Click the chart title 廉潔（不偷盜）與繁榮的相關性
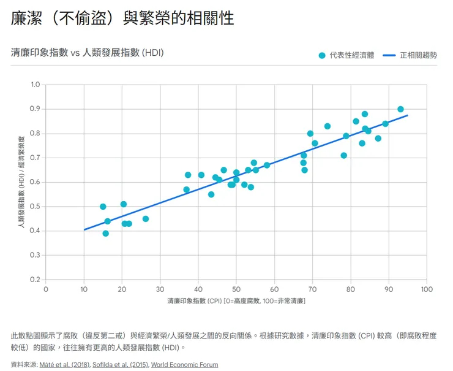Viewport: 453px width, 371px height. (122, 18)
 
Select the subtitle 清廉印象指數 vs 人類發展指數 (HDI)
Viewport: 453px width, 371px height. (88, 53)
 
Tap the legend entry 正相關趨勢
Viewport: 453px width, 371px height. (418, 55)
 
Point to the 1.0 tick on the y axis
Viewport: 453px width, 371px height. (35, 85)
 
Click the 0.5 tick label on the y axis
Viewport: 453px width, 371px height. (35, 207)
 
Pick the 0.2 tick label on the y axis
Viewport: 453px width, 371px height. (35, 280)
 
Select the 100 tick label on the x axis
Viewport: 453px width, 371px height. (427, 289)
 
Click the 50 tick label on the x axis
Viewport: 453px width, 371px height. (236, 289)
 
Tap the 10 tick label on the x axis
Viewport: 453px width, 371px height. (84, 289)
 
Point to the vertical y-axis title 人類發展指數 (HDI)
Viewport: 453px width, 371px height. (21, 183)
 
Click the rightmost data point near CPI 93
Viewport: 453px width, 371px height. (400, 109)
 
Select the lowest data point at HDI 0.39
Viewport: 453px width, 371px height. (106, 234)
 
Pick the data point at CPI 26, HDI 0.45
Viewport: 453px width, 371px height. (146, 219)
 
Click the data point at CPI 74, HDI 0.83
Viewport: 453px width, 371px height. (328, 126)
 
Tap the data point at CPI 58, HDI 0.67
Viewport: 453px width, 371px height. (267, 165)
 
